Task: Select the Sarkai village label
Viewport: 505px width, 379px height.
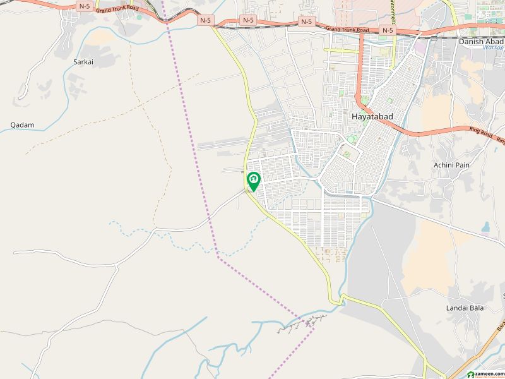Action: coord(82,63)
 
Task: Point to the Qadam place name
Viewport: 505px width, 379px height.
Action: coord(22,125)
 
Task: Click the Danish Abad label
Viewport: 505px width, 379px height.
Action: coord(482,41)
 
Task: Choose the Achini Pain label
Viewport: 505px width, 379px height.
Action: coord(451,165)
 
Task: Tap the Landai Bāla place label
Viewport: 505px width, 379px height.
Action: coord(464,308)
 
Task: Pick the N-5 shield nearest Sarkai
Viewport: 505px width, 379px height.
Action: coord(85,6)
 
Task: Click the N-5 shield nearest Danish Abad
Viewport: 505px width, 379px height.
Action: coord(387,30)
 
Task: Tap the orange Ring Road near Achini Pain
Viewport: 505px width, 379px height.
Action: coord(436,134)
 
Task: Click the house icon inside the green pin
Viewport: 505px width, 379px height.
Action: coord(253,180)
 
